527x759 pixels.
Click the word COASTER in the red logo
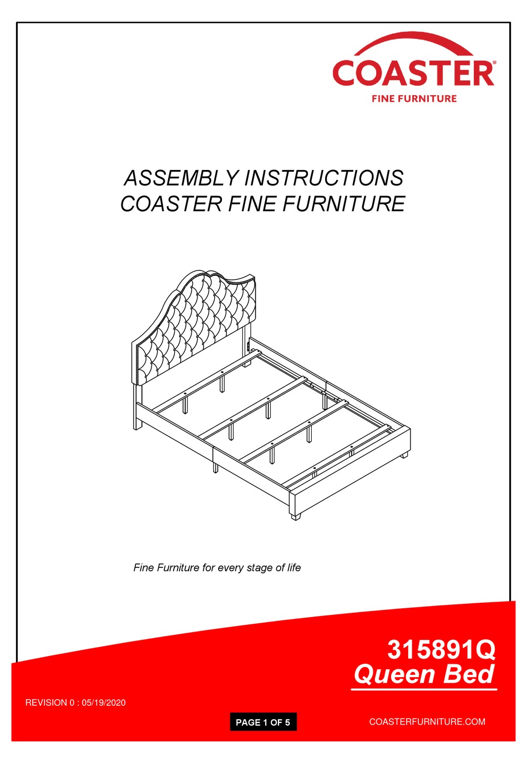413,74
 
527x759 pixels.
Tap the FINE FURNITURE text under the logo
414,99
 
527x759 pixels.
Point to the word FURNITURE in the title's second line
344,204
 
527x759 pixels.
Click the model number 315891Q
441,649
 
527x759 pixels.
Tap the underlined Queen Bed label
424,675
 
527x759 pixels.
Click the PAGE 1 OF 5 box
263,722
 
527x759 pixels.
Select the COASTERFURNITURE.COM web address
427,721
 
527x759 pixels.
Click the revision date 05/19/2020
104,702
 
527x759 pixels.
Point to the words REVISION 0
50,702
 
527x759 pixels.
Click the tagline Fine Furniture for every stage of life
217,567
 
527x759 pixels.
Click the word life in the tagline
294,567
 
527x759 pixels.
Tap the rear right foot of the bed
404,454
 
